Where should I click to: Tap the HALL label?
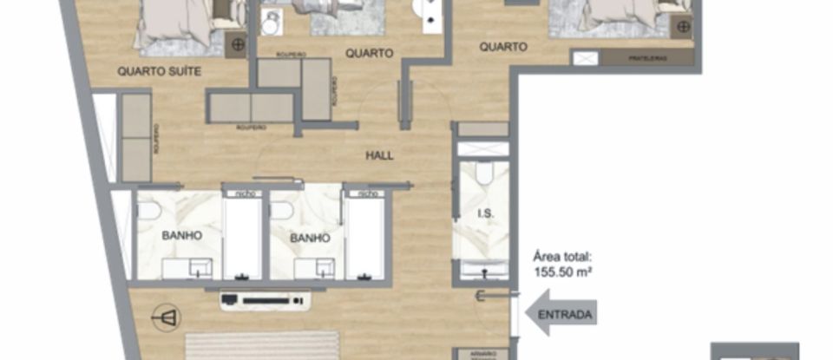(379, 156)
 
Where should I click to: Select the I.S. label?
(485, 213)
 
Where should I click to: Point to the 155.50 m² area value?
(563, 271)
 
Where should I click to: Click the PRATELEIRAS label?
(646, 58)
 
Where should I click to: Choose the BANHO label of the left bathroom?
(180, 235)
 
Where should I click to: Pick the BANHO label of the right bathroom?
(310, 237)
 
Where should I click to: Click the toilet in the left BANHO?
(148, 210)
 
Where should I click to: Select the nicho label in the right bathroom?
(364, 193)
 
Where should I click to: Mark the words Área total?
(562, 257)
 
